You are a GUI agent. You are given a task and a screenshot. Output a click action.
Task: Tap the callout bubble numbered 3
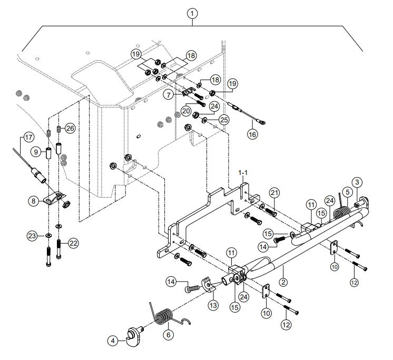[357, 182]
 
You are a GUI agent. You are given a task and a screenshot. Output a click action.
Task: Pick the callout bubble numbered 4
[112, 341]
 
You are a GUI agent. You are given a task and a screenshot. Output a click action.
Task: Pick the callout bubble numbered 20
[186, 111]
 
